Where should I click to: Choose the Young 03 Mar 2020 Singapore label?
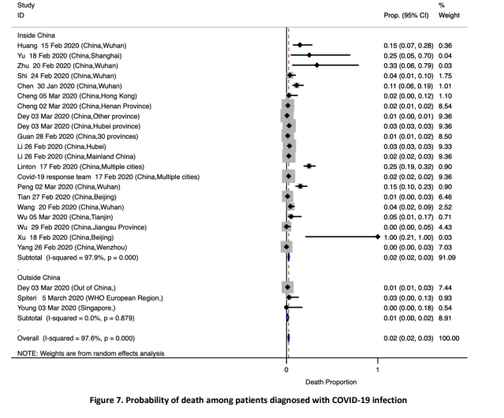click(74, 308)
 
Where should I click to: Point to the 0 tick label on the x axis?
click(286, 369)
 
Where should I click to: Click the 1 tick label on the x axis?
click(378, 369)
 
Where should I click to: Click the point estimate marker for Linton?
click(310, 166)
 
